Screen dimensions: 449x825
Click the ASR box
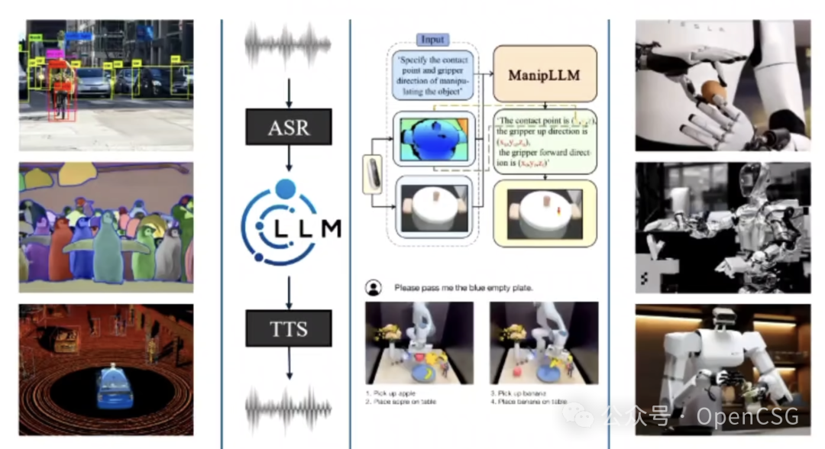point(289,128)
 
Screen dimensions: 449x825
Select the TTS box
point(289,330)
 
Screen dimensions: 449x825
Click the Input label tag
point(433,39)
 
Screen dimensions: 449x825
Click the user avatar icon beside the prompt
point(373,288)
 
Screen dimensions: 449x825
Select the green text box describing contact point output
point(544,141)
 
